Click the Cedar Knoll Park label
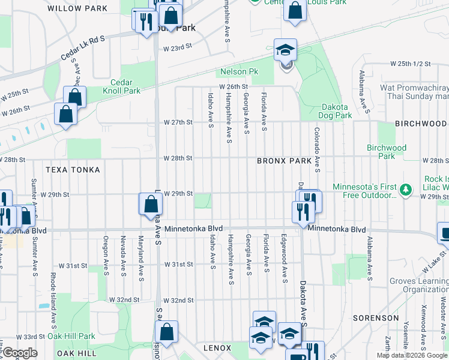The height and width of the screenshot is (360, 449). coord(125,86)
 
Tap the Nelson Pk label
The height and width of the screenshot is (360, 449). coord(239,71)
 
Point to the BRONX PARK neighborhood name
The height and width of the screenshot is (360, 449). coord(285,161)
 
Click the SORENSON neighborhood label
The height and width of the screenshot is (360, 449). coord(391,317)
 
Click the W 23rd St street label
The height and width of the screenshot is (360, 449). coord(177,46)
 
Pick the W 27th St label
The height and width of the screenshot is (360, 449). coord(178,122)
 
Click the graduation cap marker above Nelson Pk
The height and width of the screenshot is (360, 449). coord(286,50)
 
